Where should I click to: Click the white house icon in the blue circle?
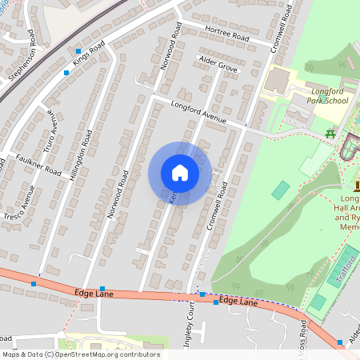[x=180, y=173]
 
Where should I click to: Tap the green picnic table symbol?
[x=330, y=134]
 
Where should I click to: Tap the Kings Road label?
[x=89, y=56]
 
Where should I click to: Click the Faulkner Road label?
[x=38, y=165]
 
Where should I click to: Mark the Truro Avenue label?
[x=53, y=127]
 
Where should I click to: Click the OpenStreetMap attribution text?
[x=80, y=354]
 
